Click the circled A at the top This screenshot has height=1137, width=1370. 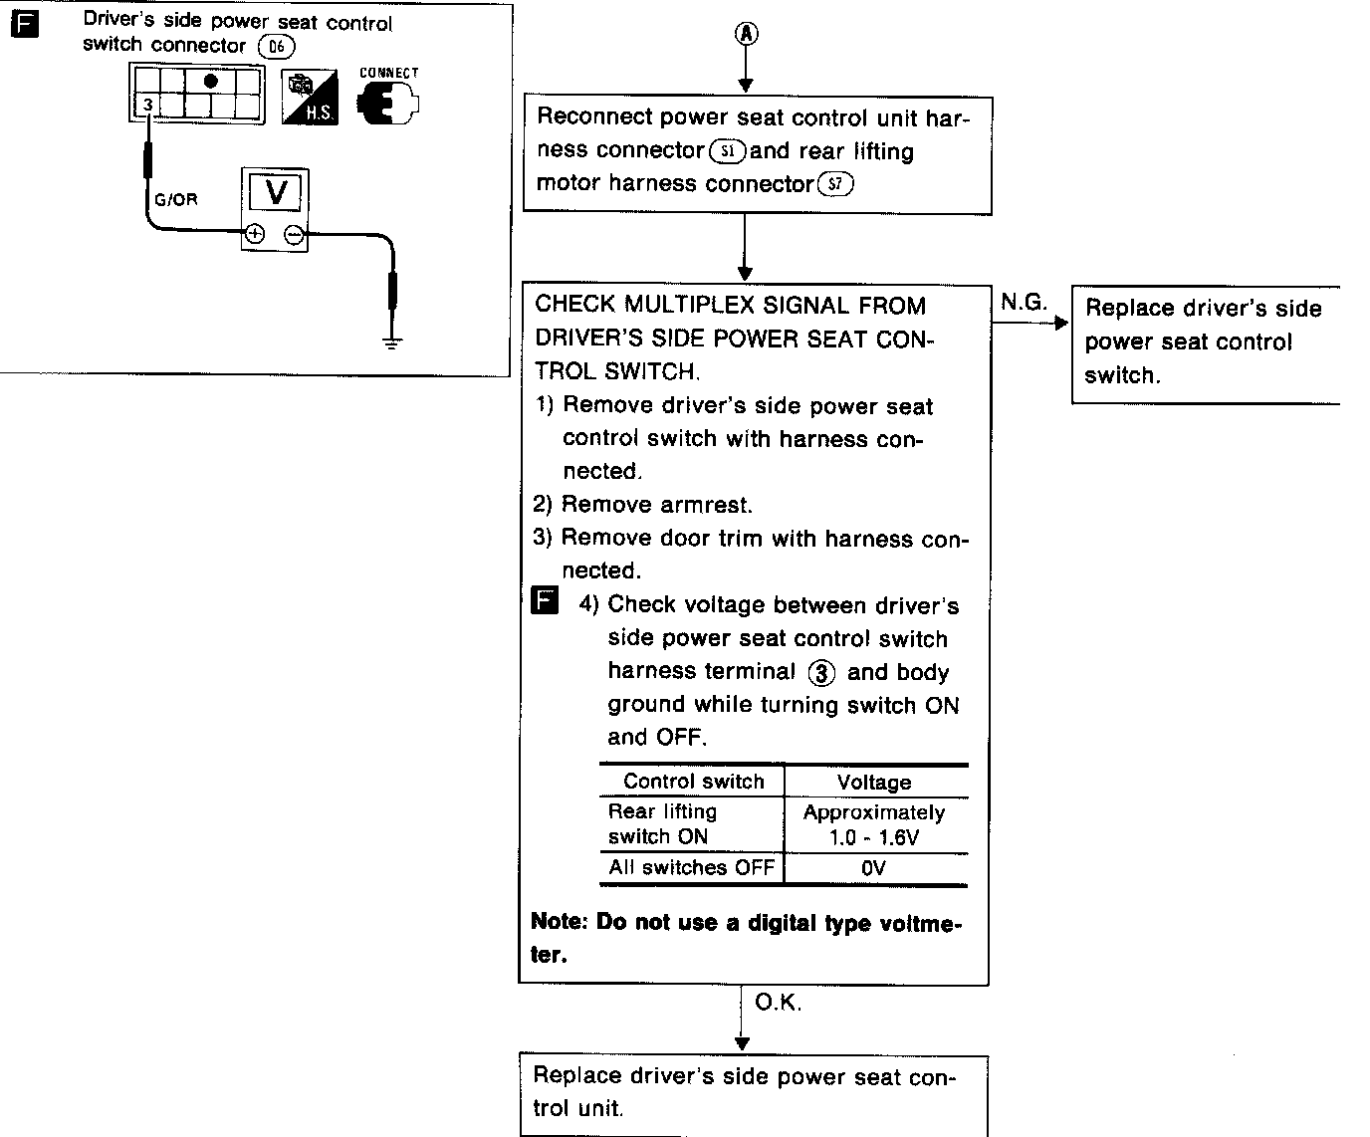[746, 34]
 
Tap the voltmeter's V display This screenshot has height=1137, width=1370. [276, 191]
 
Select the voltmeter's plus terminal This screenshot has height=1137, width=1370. [255, 235]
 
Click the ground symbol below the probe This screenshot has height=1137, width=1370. [393, 342]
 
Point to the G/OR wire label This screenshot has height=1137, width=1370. [176, 199]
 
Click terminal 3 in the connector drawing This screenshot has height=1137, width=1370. [146, 105]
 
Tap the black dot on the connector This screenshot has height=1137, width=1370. [210, 81]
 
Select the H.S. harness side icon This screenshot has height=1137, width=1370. [310, 98]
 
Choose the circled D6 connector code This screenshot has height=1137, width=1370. [276, 46]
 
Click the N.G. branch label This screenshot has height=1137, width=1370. [1024, 303]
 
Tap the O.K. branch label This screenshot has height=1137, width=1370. [778, 1003]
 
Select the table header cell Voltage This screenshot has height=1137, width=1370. [874, 783]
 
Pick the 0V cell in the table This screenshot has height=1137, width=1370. [874, 868]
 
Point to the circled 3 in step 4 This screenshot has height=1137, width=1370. [820, 673]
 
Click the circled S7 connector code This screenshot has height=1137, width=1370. [835, 184]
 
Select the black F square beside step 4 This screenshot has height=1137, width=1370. [545, 601]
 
